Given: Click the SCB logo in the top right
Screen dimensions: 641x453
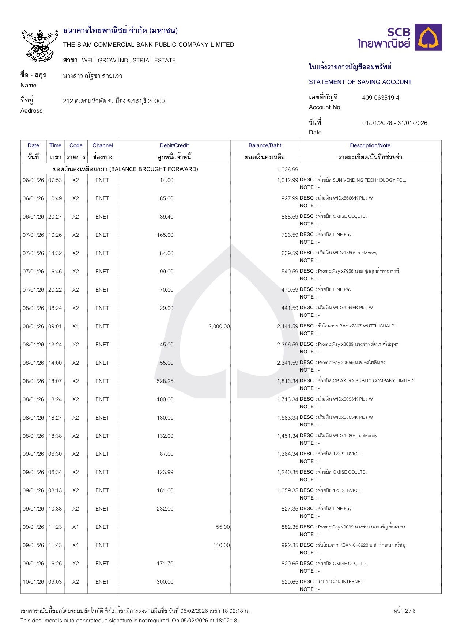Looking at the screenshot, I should point(400,38).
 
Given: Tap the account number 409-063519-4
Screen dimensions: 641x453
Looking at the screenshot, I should point(381,98).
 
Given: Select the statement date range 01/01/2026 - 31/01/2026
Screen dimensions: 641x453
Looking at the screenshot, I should point(395,123).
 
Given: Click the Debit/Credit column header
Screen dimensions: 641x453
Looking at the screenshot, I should point(174,145).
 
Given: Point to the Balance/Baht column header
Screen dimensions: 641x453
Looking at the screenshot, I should point(265,145).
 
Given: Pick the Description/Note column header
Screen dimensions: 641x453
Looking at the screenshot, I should point(370,145).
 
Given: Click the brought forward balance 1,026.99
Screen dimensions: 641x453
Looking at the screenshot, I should point(287,170).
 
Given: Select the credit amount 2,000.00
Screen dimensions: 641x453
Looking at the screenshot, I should point(219,326).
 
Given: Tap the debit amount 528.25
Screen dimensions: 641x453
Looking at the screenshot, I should point(165,381).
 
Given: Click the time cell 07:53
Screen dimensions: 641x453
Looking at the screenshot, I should point(55,180).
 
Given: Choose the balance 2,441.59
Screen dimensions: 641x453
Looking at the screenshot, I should point(287,326).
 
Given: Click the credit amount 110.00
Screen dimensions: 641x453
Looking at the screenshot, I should point(222,545).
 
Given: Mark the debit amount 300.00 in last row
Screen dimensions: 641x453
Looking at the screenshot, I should point(165,582).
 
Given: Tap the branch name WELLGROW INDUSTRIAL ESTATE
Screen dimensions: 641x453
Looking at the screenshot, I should point(129,61).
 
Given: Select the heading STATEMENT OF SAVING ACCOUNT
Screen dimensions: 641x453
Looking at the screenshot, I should point(360,82).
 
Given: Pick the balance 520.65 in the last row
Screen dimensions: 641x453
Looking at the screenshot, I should point(290,582).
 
